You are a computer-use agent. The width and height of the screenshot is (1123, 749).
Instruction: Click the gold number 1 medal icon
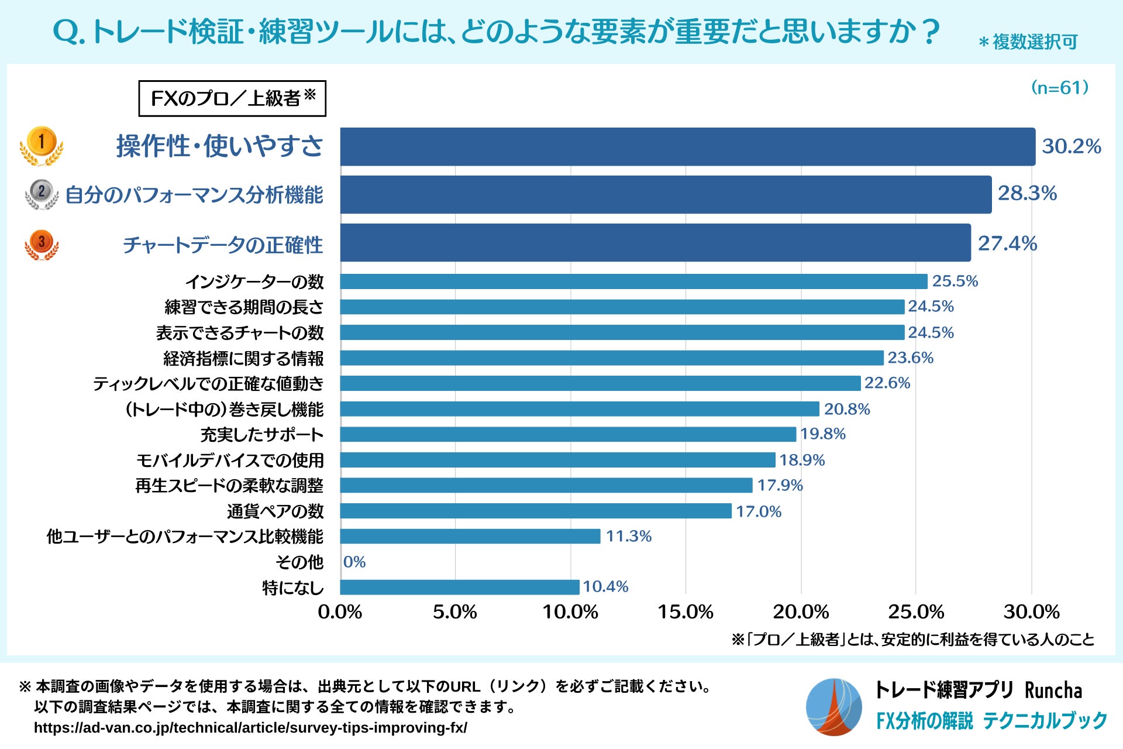pos(42,145)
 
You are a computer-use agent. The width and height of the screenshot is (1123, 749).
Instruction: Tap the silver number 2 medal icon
pos(42,194)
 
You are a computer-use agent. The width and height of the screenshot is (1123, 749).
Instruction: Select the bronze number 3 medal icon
pos(42,244)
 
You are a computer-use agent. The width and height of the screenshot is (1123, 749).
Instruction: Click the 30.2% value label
pos(1072,146)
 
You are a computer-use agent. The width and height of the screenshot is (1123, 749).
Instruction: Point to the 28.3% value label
pos(1027,193)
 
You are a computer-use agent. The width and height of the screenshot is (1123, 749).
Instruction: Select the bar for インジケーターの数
pos(633,281)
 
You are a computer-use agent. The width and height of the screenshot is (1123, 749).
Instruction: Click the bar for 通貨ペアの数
pos(536,511)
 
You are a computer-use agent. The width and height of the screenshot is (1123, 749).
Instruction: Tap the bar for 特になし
pos(460,587)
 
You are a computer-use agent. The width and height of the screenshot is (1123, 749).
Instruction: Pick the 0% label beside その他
pos(354,562)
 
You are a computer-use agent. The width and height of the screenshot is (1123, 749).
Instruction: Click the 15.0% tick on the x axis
pos(685,612)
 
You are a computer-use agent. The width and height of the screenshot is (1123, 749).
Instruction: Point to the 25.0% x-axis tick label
pos(916,612)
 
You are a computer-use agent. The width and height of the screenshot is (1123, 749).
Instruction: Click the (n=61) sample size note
pos(1060,88)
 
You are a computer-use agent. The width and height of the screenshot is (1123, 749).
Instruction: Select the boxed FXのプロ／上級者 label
pos(232,98)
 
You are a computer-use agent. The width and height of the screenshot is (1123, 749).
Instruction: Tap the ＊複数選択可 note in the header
pos(1028,42)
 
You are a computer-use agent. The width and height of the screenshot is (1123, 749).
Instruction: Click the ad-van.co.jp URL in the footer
pos(250,727)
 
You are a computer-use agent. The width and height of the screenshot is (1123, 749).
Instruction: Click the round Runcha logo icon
pos(833,707)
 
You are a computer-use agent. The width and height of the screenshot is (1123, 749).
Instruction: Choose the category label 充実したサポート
pos(262,435)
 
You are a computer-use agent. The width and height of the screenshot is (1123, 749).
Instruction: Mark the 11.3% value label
pos(628,536)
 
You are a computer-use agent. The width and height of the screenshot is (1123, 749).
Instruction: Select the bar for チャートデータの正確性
pos(655,243)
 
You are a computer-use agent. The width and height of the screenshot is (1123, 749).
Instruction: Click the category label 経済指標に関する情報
pos(243,358)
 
